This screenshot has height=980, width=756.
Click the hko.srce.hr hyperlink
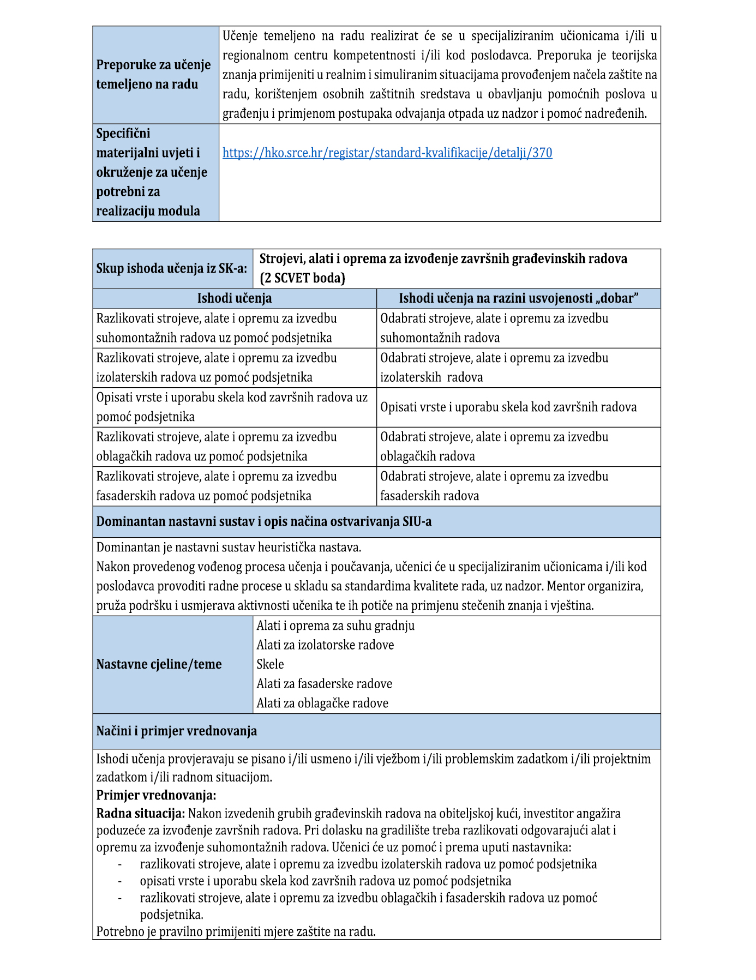point(387,153)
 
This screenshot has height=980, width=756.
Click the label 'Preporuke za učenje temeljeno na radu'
point(153,75)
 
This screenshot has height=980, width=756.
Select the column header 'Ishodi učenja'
point(235,298)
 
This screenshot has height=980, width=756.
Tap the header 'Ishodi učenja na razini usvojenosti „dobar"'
point(518,298)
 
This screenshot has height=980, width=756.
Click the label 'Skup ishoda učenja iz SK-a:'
point(172,268)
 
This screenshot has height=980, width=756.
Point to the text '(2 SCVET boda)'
point(302,278)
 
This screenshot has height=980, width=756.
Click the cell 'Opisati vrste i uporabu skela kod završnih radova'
point(508,407)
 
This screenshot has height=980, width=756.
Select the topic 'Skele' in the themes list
point(271,664)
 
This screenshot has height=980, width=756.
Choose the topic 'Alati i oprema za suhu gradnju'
point(335,626)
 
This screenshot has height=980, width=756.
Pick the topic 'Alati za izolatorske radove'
point(325,645)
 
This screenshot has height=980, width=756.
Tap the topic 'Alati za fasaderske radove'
point(325,684)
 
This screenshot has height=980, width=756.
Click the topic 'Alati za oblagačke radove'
point(322,704)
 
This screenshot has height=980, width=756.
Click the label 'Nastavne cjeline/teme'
point(159,664)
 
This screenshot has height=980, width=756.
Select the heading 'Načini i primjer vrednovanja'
point(177,731)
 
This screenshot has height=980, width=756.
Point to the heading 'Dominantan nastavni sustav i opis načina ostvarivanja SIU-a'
point(264,522)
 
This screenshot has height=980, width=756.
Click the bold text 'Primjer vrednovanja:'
point(157,795)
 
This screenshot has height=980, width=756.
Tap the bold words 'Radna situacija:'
point(141,814)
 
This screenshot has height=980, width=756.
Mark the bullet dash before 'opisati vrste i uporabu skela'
point(119,881)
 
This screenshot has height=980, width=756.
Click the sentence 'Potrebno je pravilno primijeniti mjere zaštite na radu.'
point(236,931)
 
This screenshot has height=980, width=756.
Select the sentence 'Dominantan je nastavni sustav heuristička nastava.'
point(229,547)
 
